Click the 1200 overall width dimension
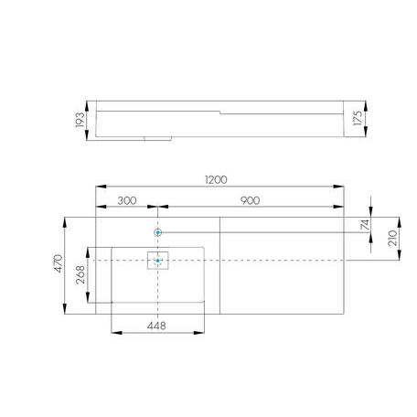click(216, 180)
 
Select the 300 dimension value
click(127, 201)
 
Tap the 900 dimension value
click(251, 200)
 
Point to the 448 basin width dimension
click(156, 326)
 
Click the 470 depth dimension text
click(59, 263)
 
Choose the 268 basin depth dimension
click(80, 274)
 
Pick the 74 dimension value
click(365, 225)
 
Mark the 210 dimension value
click(392, 238)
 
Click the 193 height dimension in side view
click(80, 120)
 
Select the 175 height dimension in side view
click(358, 118)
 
